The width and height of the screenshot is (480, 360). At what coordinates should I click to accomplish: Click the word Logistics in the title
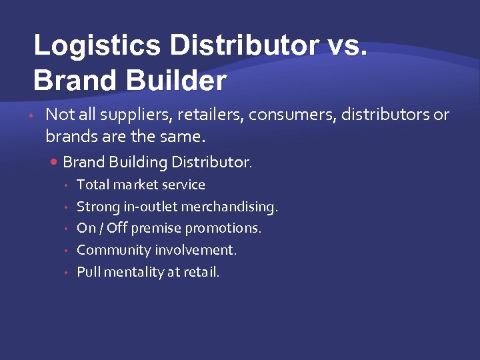point(97,46)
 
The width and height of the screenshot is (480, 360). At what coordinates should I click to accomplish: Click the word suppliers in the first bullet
point(138,115)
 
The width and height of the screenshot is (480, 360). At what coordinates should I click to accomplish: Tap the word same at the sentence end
point(187,137)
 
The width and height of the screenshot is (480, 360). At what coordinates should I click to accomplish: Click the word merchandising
point(234,207)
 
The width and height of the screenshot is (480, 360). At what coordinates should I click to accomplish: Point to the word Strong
point(98,207)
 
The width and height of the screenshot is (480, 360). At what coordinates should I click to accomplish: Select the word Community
point(113,250)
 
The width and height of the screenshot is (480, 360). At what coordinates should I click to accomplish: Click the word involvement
point(196,250)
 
